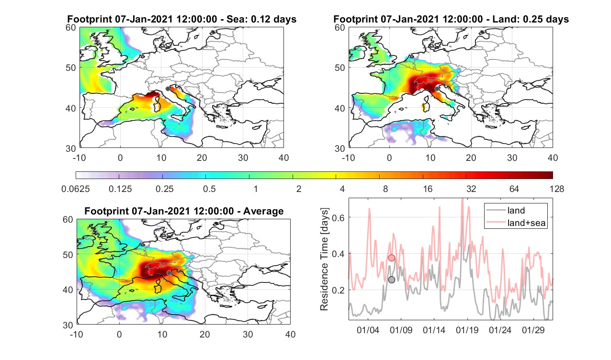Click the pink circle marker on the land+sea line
click(x=391, y=258)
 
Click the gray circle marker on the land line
click(x=391, y=280)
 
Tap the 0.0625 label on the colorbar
click(x=76, y=189)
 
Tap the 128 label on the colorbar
click(x=557, y=189)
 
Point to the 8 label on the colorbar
click(x=385, y=189)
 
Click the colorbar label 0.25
click(x=164, y=189)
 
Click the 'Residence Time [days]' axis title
click(x=324, y=259)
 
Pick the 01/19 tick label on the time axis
click(x=467, y=330)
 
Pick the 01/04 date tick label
click(x=368, y=330)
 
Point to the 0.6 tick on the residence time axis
click(x=338, y=217)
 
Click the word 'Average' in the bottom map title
click(x=263, y=211)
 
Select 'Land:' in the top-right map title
click(x=507, y=19)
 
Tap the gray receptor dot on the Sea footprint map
click(x=168, y=89)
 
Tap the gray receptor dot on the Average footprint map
click(x=169, y=273)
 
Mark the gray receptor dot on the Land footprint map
click(x=437, y=89)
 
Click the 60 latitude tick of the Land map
click(x=339, y=28)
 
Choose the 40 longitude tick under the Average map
click(x=290, y=334)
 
